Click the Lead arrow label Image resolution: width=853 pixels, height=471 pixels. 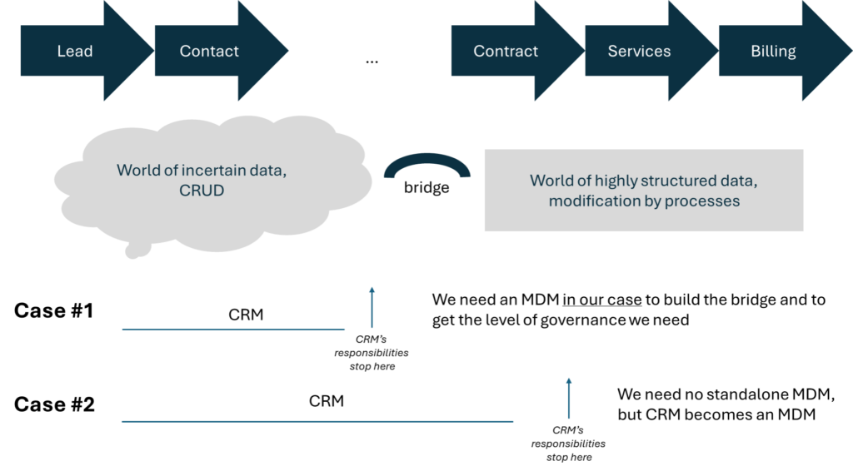point(74,52)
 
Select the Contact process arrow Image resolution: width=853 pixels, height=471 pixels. point(210,52)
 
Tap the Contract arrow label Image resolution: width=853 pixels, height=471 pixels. point(506,52)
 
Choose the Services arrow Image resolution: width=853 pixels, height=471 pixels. point(639,52)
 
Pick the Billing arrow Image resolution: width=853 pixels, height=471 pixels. point(773,52)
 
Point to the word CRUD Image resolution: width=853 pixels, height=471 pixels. point(202,191)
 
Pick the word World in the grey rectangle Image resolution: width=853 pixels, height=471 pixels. point(551,181)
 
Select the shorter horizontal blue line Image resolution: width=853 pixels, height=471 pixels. point(233,330)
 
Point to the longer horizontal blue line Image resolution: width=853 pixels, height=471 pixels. point(317,421)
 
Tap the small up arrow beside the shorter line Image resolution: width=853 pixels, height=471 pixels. point(372,307)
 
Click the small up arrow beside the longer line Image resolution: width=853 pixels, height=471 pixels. point(569,397)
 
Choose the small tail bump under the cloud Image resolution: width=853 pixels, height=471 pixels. point(137,250)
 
